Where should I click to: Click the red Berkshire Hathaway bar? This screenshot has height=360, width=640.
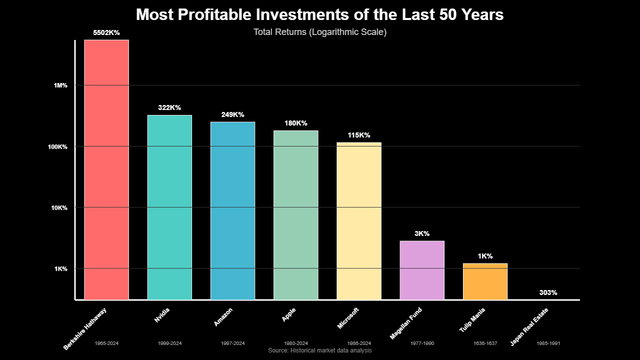point(106,170)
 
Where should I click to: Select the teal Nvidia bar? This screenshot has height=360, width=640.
point(169,207)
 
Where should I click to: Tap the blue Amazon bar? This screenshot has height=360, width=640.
point(232,210)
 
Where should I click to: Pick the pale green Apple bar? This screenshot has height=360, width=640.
point(295,215)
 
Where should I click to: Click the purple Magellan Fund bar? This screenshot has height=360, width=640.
point(422,270)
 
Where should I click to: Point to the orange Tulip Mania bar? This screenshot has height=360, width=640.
point(485,281)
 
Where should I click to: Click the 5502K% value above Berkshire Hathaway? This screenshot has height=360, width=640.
point(106,32)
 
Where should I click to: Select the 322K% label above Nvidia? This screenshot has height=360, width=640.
point(169,107)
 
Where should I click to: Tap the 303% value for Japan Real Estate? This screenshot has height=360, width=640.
point(548,292)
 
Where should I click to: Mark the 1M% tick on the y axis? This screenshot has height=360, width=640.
point(60,85)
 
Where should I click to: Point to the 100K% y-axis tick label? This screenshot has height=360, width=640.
point(58,146)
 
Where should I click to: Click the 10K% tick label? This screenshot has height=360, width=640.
point(59,207)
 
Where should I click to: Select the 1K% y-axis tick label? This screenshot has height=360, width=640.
point(60,268)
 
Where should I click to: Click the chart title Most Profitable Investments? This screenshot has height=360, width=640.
point(319,15)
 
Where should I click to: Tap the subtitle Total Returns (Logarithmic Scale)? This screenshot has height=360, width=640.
point(319,32)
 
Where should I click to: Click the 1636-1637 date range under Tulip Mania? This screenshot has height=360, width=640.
point(485,343)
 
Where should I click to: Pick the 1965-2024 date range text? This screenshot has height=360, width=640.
point(106,343)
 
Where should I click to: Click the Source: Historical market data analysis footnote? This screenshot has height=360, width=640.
point(319,350)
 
